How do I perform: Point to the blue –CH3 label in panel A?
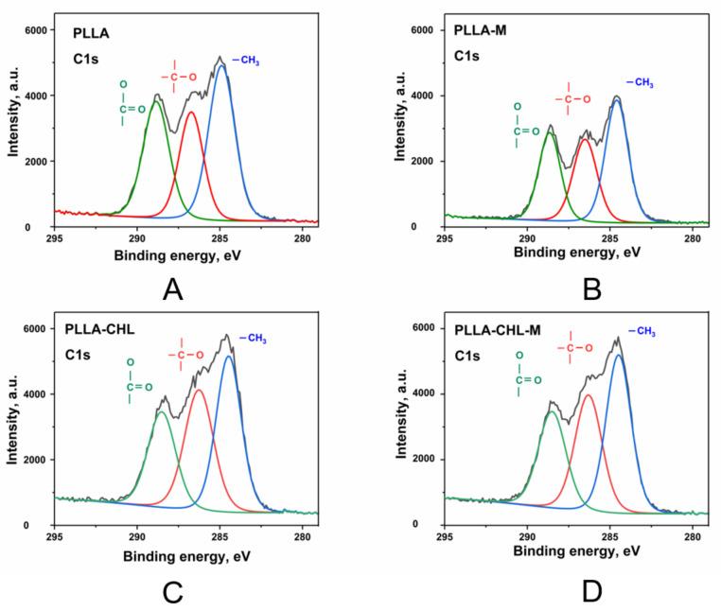coord(246,61)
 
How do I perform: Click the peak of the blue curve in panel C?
coord(229,357)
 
